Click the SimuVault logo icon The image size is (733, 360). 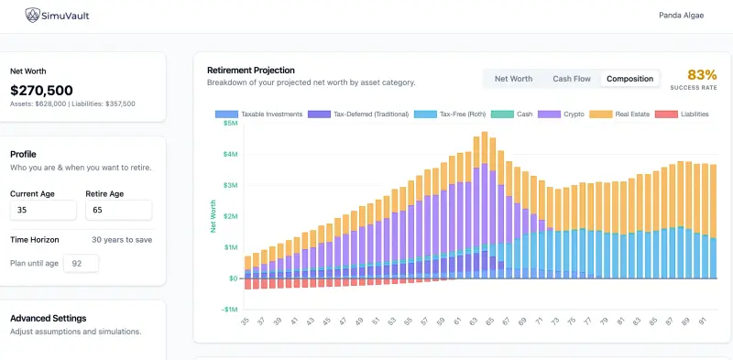coord(33,16)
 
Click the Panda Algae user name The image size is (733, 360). coord(682,16)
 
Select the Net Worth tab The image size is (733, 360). coord(513,79)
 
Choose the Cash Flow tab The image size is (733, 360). coord(571,79)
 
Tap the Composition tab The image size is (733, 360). coord(630,79)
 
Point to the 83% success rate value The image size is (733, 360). coord(702,74)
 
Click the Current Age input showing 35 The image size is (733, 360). coord(42,211)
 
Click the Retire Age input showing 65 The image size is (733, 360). coord(118,211)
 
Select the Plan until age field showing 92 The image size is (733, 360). coord(80,264)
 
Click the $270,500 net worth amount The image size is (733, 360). coord(41,90)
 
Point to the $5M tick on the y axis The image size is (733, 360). coord(229,124)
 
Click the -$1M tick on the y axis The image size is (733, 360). coord(228,310)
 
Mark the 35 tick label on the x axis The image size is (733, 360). coord(246,322)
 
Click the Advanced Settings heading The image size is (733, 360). coord(48,318)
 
